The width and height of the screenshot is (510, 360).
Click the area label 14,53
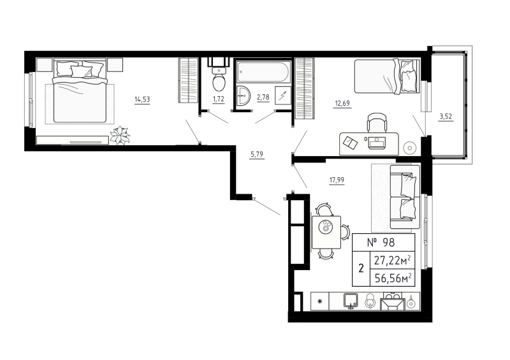(x=142, y=99)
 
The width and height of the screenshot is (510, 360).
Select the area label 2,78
(x=263, y=99)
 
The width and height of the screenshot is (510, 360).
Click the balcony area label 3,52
(x=447, y=116)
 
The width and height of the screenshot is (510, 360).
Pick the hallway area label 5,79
(x=257, y=154)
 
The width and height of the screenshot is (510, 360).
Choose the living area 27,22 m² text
(x=391, y=259)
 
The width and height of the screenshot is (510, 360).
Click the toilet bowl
(x=219, y=82)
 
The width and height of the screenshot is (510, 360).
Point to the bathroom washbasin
(x=243, y=96)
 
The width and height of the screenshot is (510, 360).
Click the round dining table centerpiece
(x=326, y=227)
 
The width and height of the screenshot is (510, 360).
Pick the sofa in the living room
(x=404, y=196)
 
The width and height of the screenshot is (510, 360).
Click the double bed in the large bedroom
(x=80, y=90)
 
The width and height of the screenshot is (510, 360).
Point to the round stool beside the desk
(x=410, y=147)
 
